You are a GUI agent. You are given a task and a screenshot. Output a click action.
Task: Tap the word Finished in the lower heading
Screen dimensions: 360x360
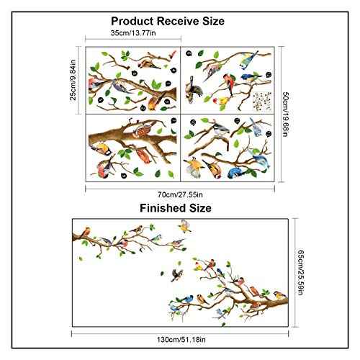pos(163,208)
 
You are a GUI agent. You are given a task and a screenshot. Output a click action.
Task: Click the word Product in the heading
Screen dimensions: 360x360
pos(132,21)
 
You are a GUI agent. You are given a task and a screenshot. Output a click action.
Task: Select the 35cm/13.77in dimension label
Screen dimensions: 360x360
pos(133,33)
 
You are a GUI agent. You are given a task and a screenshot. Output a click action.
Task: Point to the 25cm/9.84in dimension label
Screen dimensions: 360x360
pos(73,80)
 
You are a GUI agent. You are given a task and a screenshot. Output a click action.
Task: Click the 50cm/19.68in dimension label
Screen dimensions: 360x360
pos(285,114)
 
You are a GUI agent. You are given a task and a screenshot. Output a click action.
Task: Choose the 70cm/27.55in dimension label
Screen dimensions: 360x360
pos(180,194)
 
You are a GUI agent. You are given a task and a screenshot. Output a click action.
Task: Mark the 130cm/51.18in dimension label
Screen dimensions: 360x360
pos(181,340)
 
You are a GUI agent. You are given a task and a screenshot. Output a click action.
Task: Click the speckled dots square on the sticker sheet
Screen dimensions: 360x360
pos(262,101)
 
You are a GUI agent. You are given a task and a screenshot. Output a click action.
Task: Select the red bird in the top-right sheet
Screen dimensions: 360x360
pos(230,84)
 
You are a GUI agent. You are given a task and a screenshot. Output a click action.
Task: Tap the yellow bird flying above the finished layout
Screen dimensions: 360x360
pos(185,226)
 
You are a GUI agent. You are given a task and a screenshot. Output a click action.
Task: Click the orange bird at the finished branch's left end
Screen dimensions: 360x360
pos(86,231)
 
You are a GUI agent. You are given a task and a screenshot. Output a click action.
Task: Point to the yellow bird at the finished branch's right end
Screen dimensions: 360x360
pos(280,295)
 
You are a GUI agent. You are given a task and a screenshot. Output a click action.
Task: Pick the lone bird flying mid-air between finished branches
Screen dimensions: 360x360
pos(177,275)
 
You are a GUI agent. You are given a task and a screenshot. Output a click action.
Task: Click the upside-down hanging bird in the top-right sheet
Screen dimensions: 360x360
pos(193,89)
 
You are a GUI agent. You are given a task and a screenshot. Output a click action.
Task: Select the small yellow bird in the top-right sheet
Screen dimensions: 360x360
pos(222,101)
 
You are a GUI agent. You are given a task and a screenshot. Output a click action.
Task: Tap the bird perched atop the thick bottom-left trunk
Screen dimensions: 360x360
pos(143,129)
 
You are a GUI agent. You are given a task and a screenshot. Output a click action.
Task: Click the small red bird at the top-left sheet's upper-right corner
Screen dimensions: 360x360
pos(172,54)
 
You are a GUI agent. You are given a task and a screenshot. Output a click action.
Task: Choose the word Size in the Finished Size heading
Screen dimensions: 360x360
pos(200,208)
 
